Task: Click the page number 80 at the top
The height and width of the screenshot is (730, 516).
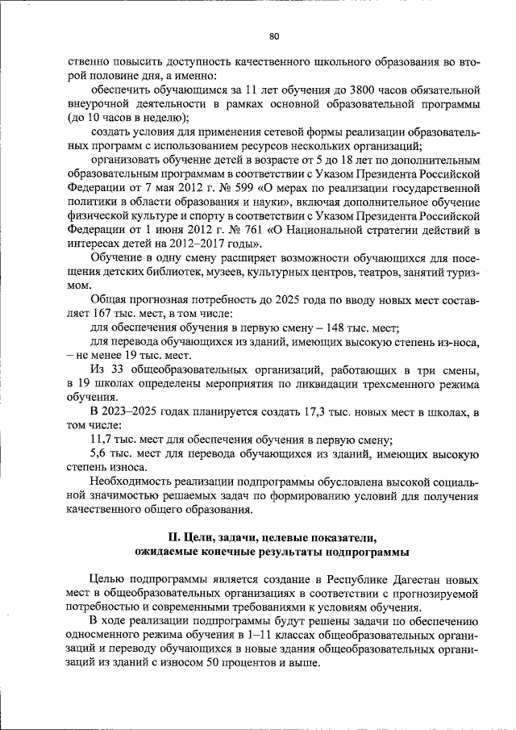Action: (x=274, y=35)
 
